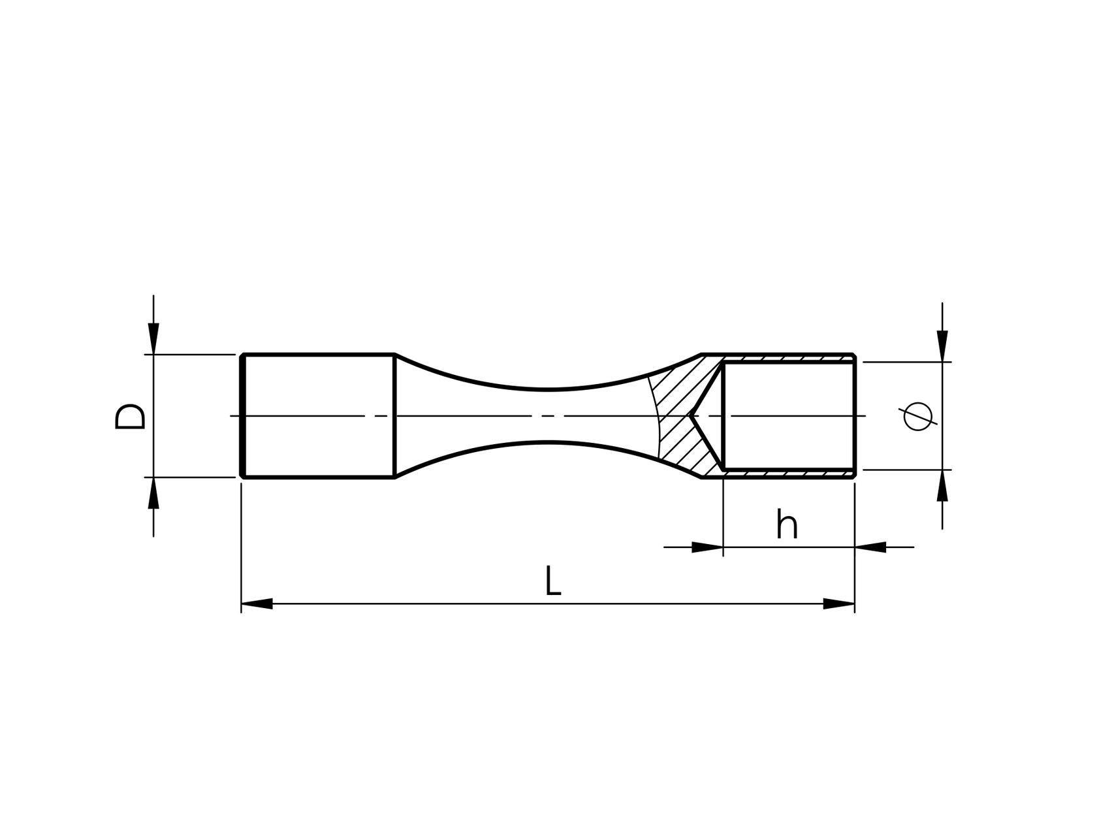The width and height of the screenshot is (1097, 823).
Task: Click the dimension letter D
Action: tap(130, 416)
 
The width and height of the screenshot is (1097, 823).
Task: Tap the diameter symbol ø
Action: tap(919, 416)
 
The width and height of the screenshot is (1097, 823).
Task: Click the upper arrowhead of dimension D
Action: tap(153, 340)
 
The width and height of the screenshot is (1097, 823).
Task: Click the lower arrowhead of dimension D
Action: tap(153, 492)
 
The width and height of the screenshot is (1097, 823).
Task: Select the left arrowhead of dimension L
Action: tap(257, 604)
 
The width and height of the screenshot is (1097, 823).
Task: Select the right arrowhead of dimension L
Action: tap(839, 604)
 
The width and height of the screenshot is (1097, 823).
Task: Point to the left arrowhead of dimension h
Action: tap(708, 547)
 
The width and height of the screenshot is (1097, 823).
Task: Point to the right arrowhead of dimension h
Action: tap(870, 547)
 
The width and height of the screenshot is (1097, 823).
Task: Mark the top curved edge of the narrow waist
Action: tap(548, 389)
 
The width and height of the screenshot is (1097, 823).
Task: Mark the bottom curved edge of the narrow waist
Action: tap(548, 443)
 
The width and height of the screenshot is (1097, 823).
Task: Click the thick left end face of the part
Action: tap(242, 416)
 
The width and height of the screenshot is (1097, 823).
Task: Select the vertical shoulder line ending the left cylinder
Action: tap(395, 416)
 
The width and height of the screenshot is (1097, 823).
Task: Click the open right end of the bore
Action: tap(854, 416)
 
